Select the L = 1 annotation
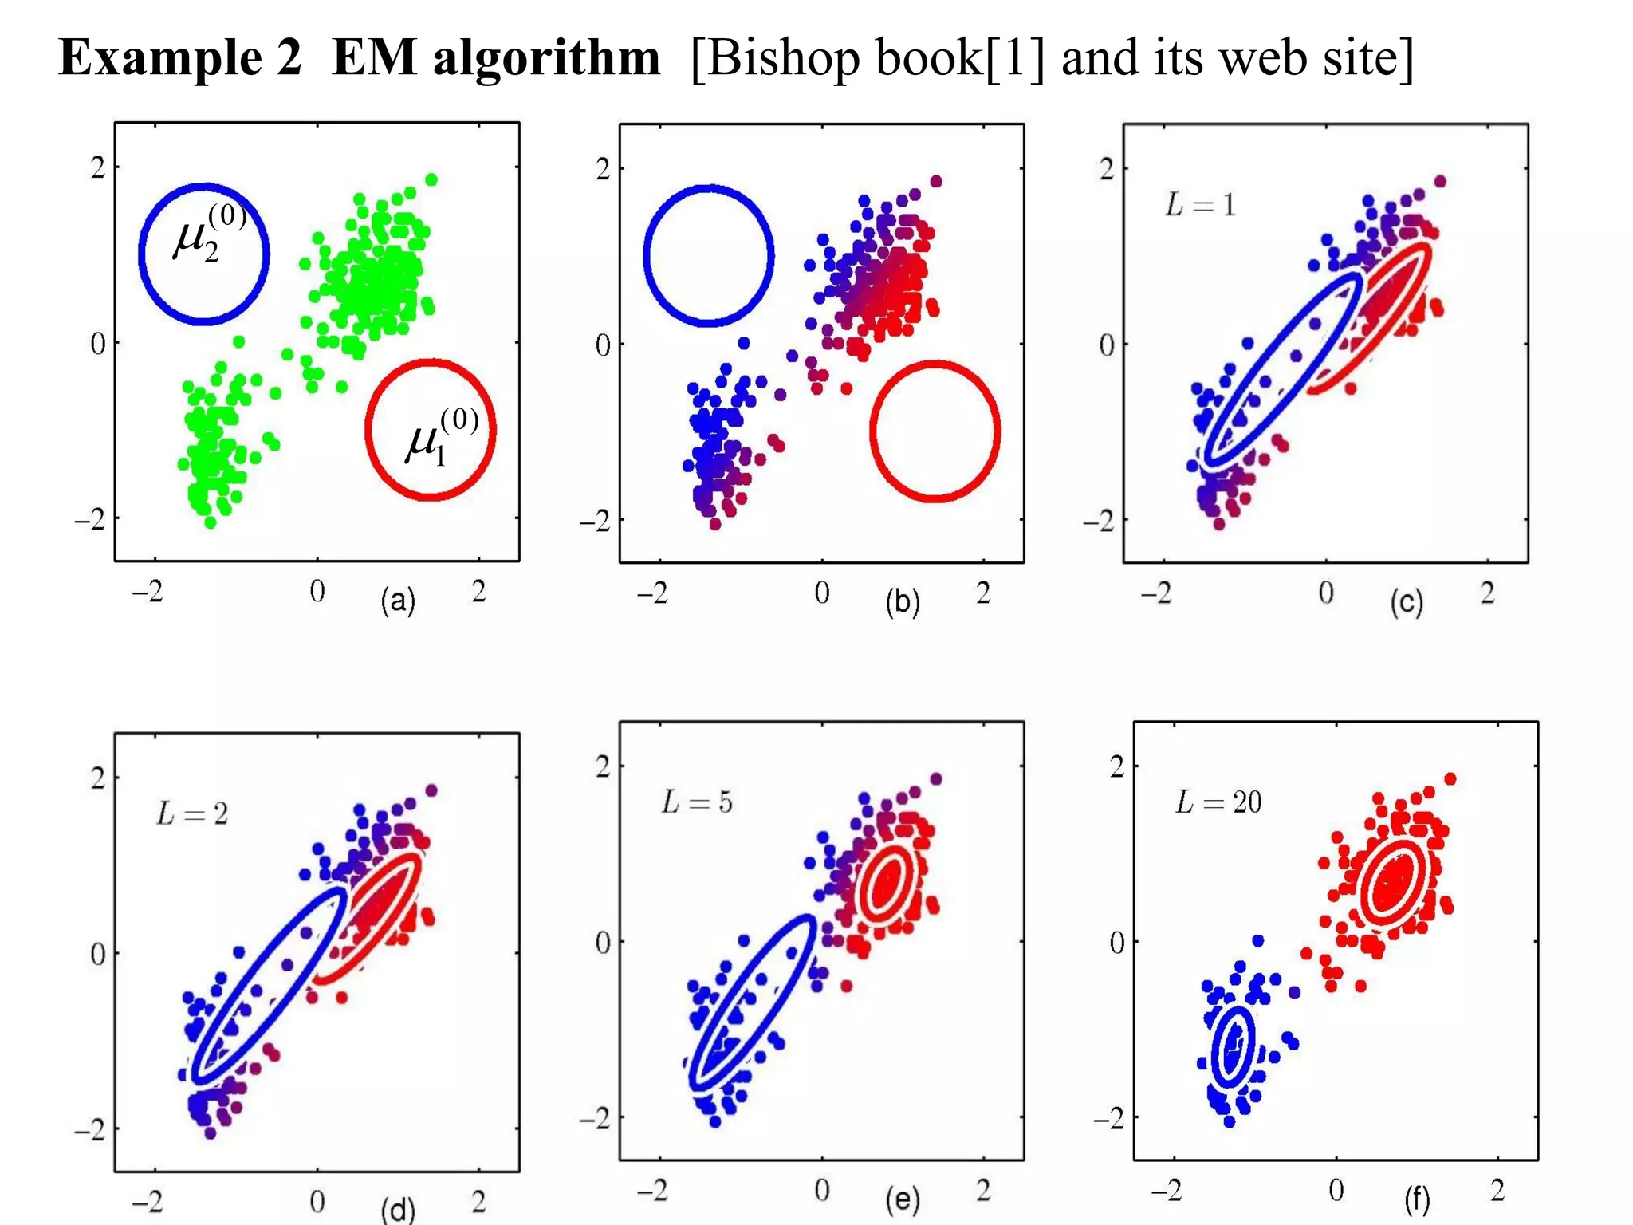pyautogui.click(x=1199, y=205)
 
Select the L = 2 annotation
pyautogui.click(x=192, y=813)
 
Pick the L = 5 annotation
pyautogui.click(x=696, y=802)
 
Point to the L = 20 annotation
pyautogui.click(x=1218, y=802)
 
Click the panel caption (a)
pyautogui.click(x=398, y=601)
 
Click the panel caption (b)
pyautogui.click(x=903, y=602)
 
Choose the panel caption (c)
pyautogui.click(x=1407, y=602)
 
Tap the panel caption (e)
pyautogui.click(x=903, y=1199)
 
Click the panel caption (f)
pyautogui.click(x=1417, y=1199)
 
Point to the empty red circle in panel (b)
pyautogui.click(x=935, y=431)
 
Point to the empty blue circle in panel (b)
pyautogui.click(x=708, y=256)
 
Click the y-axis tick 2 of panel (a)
pyautogui.click(x=97, y=167)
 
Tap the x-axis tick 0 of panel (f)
pyautogui.click(x=1336, y=1191)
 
